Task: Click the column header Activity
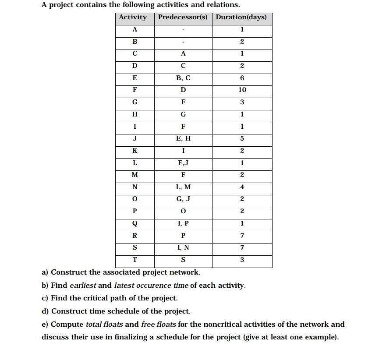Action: coord(133,18)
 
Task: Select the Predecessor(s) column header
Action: coord(183,18)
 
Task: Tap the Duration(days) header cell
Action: coord(242,18)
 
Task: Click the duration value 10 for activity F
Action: coord(242,90)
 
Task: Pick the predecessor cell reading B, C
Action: coord(183,78)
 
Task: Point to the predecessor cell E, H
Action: coord(183,138)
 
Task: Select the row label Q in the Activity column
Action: coord(135,223)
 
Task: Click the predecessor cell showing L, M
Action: coord(183,187)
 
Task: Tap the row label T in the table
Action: coord(135,260)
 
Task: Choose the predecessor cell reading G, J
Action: coord(183,199)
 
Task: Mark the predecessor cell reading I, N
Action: coord(183,248)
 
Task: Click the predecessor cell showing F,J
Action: coord(183,163)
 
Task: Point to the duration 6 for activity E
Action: coord(242,78)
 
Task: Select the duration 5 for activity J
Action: coord(242,138)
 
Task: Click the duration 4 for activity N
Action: coord(242,187)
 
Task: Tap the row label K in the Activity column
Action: coord(135,151)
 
